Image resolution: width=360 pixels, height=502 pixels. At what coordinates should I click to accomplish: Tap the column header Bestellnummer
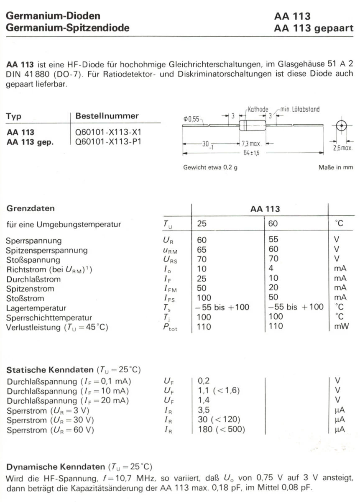tap(107, 116)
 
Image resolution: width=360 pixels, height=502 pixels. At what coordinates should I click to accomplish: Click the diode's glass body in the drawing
tap(252, 125)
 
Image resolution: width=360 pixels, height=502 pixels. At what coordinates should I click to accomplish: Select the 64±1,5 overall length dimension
tap(251, 153)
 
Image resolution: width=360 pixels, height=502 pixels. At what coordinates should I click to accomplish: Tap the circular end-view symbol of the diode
tap(342, 125)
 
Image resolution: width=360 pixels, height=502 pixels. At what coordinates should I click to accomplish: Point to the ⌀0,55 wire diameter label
tap(192, 119)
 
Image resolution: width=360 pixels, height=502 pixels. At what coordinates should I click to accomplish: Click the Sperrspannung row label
tap(34, 241)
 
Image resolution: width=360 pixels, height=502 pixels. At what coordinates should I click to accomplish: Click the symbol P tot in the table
tap(170, 327)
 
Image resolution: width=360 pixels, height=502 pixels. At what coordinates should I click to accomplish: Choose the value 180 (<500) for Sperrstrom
tap(221, 430)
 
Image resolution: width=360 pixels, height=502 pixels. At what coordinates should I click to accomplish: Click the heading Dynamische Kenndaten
tap(56, 466)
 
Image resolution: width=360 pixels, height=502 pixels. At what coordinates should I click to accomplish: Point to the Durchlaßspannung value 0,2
tap(203, 381)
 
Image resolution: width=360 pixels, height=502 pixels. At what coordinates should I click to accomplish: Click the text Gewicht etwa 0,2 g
tap(207, 167)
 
